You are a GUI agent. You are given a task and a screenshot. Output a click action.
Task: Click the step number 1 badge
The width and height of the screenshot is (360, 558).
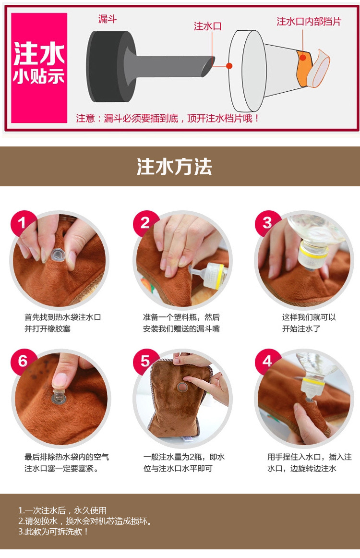point(22,223)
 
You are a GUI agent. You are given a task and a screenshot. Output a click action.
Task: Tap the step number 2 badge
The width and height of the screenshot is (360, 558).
point(145,223)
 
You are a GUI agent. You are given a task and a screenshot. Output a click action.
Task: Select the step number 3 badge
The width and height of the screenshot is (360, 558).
point(267,223)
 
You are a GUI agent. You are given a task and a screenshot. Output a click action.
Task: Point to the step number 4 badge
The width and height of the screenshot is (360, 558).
point(267,361)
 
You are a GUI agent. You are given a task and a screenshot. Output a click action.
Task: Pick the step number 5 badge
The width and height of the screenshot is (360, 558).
point(145,361)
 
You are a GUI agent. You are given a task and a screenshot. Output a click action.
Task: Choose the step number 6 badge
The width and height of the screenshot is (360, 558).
point(23,361)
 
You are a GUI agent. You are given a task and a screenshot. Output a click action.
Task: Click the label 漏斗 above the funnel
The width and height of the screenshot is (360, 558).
point(107,19)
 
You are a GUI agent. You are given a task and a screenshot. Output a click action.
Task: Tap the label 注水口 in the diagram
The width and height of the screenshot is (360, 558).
point(208,26)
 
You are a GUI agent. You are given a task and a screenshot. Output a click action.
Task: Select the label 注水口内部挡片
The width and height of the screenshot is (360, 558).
point(309,22)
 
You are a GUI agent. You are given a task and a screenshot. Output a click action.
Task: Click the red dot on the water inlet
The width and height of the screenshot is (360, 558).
point(229,66)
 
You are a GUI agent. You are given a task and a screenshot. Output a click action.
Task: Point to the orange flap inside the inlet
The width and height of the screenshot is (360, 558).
point(303,68)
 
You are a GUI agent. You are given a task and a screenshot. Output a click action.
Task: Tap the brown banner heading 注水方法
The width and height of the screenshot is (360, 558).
point(174,167)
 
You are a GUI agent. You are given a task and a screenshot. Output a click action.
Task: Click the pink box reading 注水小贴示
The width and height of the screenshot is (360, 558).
point(39,68)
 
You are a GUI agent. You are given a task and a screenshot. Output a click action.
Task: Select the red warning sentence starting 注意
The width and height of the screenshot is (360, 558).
point(168,118)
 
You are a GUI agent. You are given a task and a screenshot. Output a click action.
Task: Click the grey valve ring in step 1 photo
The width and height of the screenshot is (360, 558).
point(57,255)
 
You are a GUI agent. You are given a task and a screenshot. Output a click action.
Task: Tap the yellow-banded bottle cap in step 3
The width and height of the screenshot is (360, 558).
point(313,254)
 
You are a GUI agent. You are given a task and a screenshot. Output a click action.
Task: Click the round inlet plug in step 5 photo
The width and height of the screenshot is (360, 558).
point(183,387)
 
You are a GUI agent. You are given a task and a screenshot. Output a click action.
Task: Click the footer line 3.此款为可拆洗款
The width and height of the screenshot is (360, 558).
point(53,532)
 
